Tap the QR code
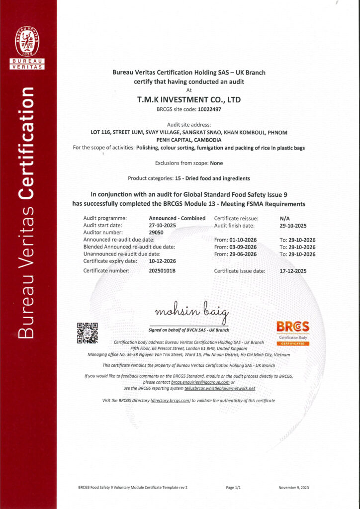tap(87, 333)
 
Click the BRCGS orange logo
tap(293, 327)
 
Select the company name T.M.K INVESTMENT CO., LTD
tap(188, 100)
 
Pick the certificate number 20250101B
tap(163, 271)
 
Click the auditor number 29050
tap(156, 232)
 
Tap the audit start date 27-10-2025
tap(162, 225)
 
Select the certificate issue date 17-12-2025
tap(293, 271)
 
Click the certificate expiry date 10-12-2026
tap(162, 261)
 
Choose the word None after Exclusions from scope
tap(216, 163)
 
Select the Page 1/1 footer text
tap(233, 488)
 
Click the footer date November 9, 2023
tap(293, 488)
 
